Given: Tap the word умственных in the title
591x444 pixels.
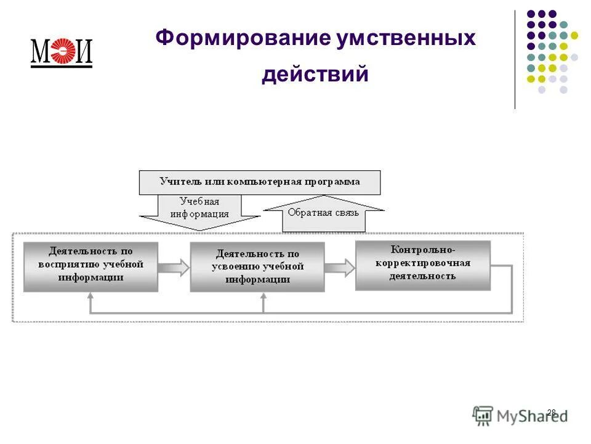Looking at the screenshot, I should (x=406, y=39).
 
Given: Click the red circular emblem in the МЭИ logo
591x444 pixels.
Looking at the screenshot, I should (x=62, y=52).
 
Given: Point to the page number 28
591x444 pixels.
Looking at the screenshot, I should (x=551, y=413).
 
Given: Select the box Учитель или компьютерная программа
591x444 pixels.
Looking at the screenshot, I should (x=260, y=182).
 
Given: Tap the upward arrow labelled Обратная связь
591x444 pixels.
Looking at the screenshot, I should (x=324, y=213).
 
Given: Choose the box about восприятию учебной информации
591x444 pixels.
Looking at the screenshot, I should (x=90, y=266).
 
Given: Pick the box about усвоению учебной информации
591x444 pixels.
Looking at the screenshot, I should (x=257, y=267).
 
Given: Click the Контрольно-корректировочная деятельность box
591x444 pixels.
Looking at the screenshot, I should (x=423, y=265).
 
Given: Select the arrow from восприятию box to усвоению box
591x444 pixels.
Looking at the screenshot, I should (x=174, y=267).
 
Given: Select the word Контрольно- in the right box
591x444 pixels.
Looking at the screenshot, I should (x=423, y=250).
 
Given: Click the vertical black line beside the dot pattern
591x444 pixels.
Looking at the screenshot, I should (x=515, y=59).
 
